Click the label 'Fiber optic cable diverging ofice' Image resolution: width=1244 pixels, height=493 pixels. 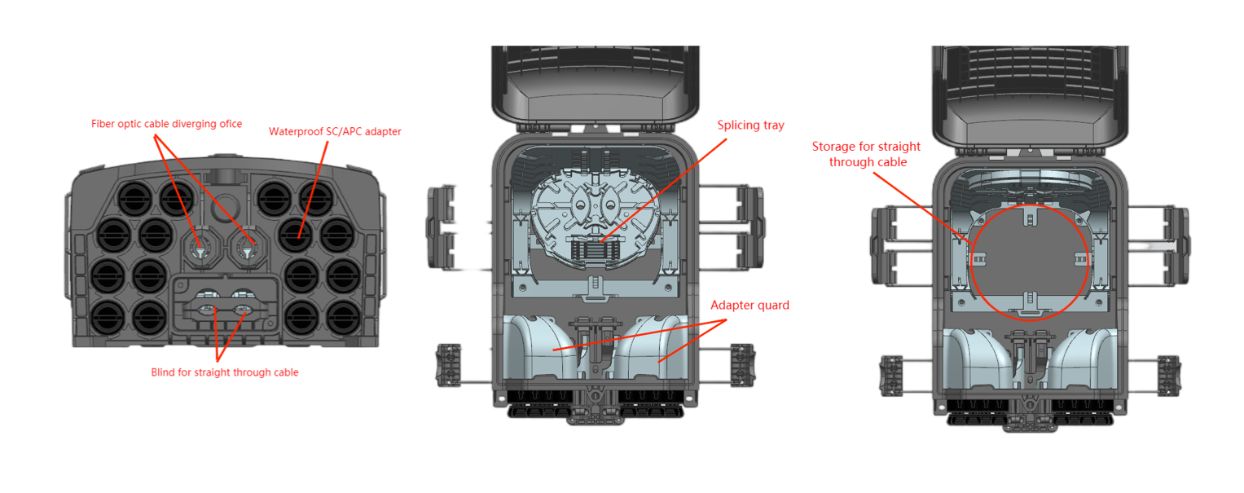[x=166, y=124]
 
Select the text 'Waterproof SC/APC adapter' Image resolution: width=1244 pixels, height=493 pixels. [x=335, y=131]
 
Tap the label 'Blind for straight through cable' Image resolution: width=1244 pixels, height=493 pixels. [x=225, y=372]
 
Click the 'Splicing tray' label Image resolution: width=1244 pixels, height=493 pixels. [x=750, y=126]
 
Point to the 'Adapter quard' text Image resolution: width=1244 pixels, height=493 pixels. [x=749, y=306]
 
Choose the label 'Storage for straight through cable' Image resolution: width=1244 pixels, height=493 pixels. [x=866, y=154]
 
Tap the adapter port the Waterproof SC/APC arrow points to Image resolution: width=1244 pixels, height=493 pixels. [x=296, y=235]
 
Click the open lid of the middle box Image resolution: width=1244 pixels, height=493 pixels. [x=597, y=86]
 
